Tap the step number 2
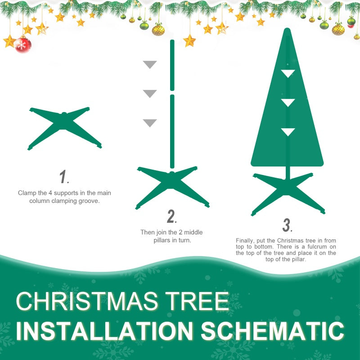(171, 216)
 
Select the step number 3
(287, 225)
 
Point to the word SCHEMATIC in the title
(272, 331)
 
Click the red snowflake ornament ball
(22, 44)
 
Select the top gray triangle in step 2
(149, 64)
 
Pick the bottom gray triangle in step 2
(149, 123)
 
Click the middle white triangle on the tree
(288, 103)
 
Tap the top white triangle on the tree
(288, 73)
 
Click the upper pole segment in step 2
(172, 65)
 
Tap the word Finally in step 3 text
(245, 241)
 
